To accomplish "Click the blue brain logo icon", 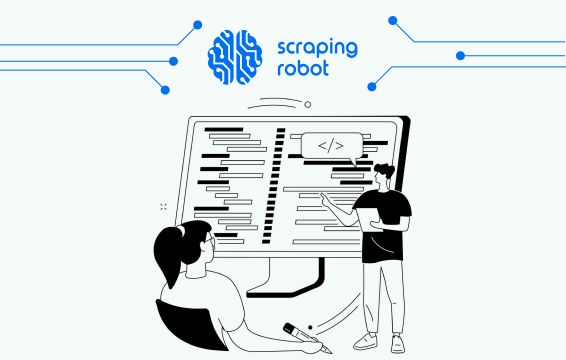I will (x=235, y=55).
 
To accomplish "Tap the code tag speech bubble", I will (x=330, y=146).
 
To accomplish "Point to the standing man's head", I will (x=383, y=175).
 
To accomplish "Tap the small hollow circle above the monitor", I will (x=308, y=103).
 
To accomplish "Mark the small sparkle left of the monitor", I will (x=162, y=206).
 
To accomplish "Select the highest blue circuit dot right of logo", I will (x=393, y=19).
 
